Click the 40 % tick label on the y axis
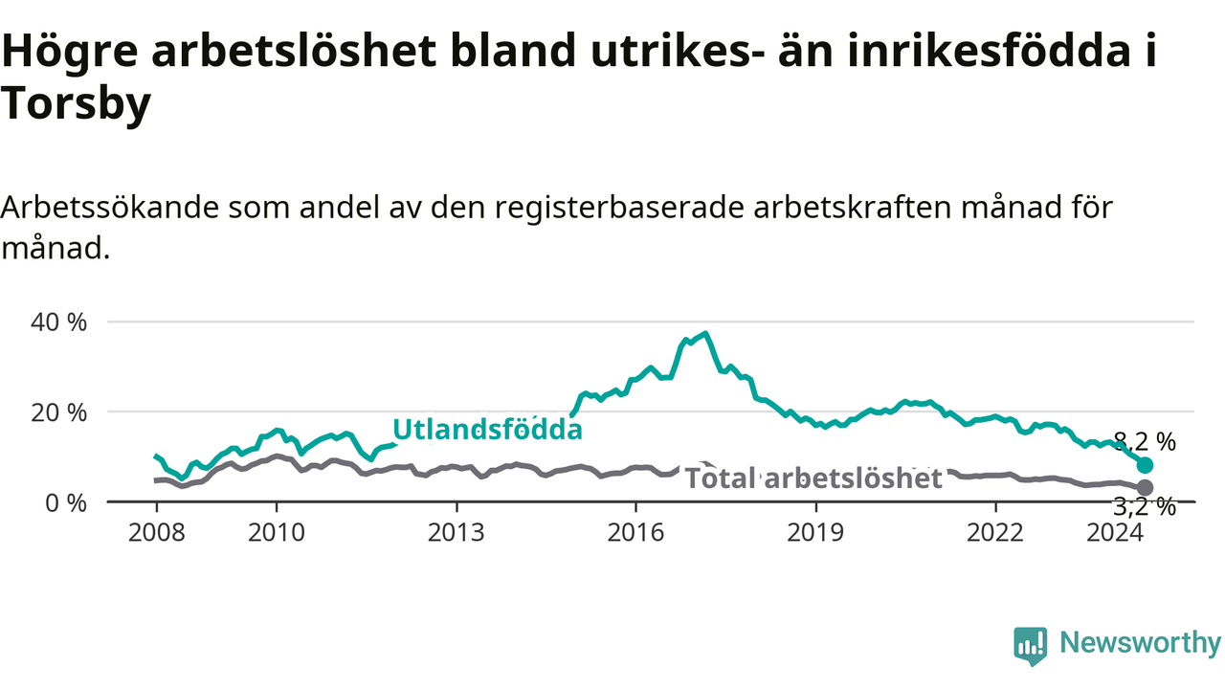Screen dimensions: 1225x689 (58, 322)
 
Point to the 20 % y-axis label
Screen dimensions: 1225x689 (58, 412)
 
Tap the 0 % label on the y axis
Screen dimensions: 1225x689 (66, 503)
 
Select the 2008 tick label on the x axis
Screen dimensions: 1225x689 (157, 533)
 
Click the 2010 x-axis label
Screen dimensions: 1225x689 (277, 533)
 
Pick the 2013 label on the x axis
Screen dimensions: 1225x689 (457, 533)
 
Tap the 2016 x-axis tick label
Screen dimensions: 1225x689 (635, 533)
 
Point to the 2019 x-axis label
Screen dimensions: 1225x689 (815, 533)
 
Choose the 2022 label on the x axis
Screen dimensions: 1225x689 (994, 533)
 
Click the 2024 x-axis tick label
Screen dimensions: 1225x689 (1115, 533)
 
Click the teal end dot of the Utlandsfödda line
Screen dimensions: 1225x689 (1145, 465)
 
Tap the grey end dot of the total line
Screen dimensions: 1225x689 (1145, 487)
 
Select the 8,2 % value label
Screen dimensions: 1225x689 (1145, 441)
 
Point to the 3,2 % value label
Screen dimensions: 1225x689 (1145, 507)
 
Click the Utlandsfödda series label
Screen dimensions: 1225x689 (487, 430)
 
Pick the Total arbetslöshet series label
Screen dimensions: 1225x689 (813, 478)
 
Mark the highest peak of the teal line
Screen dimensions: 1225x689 (706, 333)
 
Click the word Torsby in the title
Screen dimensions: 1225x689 (76, 104)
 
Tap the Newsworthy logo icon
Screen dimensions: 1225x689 (1031, 646)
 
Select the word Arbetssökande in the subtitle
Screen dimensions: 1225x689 (110, 208)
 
